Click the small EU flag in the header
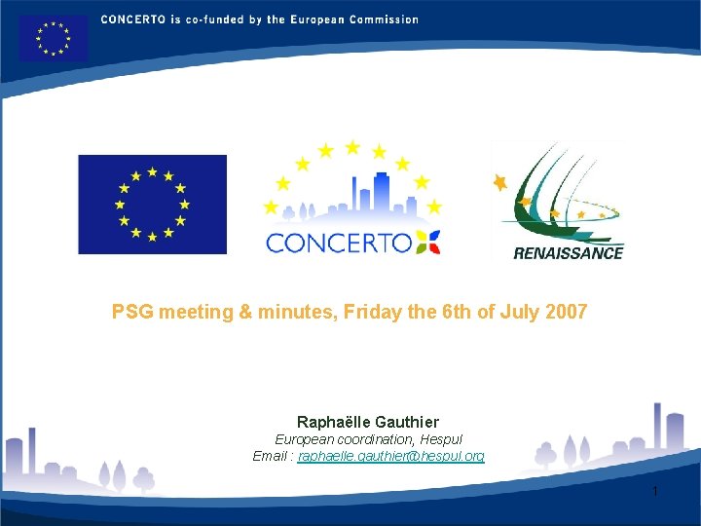click(x=53, y=38)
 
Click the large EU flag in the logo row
click(x=152, y=205)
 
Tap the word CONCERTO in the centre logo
click(x=338, y=243)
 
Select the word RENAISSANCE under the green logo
click(x=568, y=253)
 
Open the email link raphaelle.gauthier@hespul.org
click(x=390, y=456)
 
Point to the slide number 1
click(x=655, y=491)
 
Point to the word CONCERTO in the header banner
click(x=131, y=19)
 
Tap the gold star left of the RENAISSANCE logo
click(x=500, y=182)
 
